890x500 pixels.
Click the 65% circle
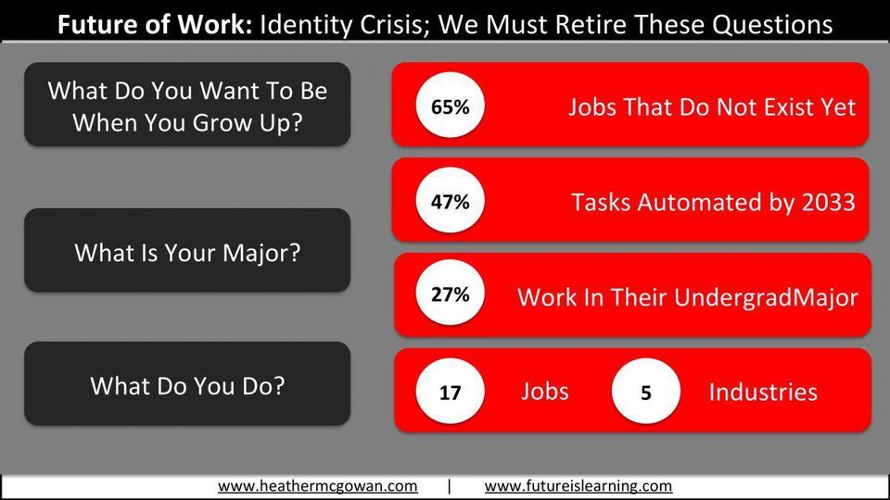click(x=451, y=106)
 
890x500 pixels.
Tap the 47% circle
click(x=451, y=201)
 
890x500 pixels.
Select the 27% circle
click(x=451, y=294)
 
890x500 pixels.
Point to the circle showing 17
click(x=451, y=392)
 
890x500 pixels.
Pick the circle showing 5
click(x=646, y=392)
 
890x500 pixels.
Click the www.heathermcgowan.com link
click(x=318, y=486)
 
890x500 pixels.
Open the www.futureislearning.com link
click(x=578, y=486)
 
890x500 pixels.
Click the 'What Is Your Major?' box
click(x=187, y=250)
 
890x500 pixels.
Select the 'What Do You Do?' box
click(x=187, y=383)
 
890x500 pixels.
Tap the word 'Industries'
click(x=763, y=392)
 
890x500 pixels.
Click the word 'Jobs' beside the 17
click(x=545, y=392)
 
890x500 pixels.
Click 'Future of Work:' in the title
click(x=155, y=25)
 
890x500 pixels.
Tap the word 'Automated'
click(x=699, y=203)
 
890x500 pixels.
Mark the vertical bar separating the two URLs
click(x=450, y=486)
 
